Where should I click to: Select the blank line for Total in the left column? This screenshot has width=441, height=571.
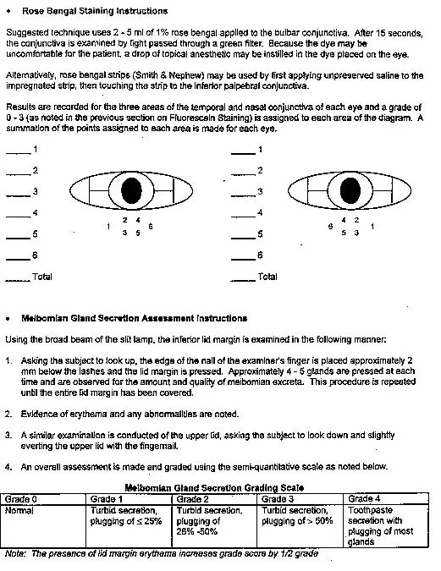tap(17, 277)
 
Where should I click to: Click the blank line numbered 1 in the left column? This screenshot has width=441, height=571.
tap(17, 152)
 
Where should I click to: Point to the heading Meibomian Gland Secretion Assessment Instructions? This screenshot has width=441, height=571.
tap(133, 318)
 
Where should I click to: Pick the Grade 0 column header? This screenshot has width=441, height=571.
tap(20, 499)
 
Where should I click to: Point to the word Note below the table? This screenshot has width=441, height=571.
tap(14, 553)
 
